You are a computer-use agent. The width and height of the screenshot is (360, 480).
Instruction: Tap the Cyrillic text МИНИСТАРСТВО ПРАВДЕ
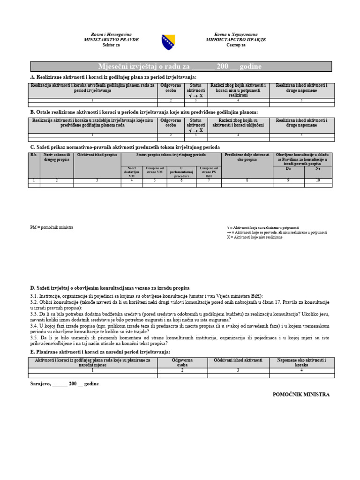(x=236, y=40)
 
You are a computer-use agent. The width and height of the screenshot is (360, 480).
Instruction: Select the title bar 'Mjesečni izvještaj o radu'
(x=180, y=67)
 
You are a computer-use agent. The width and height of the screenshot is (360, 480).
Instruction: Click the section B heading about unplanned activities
(x=143, y=112)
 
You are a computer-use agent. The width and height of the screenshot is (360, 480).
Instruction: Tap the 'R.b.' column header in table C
(x=34, y=155)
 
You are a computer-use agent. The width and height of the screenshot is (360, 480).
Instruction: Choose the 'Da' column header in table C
(x=288, y=168)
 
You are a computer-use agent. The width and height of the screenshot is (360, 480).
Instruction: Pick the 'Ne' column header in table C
(x=318, y=168)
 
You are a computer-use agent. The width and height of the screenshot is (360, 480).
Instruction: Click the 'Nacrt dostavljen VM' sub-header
(x=131, y=172)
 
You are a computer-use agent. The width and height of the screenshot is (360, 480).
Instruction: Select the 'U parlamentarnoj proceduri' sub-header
(x=181, y=172)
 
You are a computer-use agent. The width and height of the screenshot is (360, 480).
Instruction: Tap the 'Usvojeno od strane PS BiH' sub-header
(x=209, y=172)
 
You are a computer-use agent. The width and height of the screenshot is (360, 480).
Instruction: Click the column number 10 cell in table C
(x=318, y=180)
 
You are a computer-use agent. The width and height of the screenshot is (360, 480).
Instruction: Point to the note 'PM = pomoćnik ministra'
(x=52, y=227)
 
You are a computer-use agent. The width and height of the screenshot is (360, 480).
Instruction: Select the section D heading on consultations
(x=110, y=288)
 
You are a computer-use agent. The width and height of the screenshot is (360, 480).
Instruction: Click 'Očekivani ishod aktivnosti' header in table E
(x=238, y=360)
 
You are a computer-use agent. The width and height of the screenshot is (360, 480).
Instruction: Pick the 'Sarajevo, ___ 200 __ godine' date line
(x=64, y=383)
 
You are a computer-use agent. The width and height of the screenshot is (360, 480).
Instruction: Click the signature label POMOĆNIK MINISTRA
(x=301, y=395)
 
